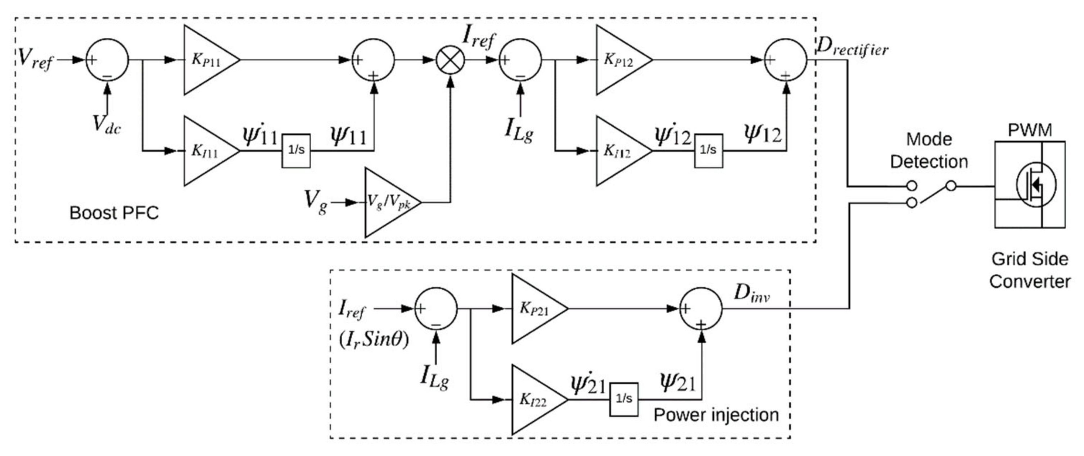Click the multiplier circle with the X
[450, 60]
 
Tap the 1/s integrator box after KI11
[296, 151]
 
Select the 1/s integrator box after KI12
[708, 151]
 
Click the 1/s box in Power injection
[624, 399]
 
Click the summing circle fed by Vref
[107, 60]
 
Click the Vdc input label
[107, 124]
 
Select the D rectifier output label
[852, 49]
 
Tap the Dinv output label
[751, 293]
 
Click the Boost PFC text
[114, 213]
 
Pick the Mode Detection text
[929, 151]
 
